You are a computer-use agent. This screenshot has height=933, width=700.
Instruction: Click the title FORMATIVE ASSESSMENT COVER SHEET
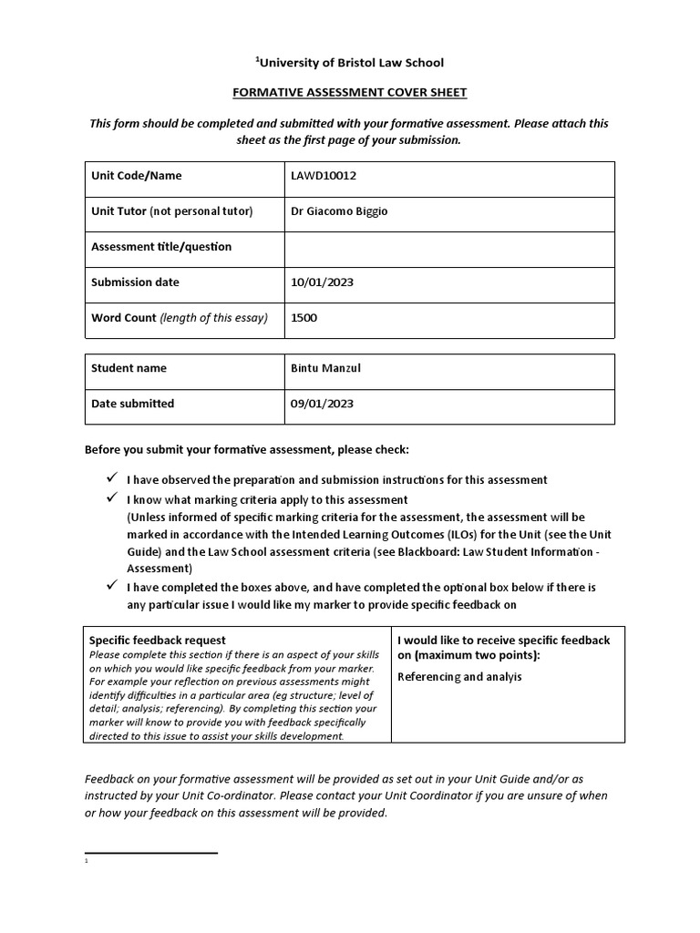pyautogui.click(x=350, y=92)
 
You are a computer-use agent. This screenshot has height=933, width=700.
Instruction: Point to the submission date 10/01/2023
pyautogui.click(x=322, y=282)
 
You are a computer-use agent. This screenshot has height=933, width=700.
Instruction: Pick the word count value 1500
pyautogui.click(x=304, y=318)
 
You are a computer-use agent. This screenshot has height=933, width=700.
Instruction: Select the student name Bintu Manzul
pyautogui.click(x=324, y=369)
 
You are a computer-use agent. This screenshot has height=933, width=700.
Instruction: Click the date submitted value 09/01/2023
pyautogui.click(x=322, y=404)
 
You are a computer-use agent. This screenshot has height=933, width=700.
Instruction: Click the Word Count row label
pyautogui.click(x=180, y=318)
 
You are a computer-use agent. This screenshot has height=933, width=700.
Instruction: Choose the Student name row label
pyautogui.click(x=129, y=369)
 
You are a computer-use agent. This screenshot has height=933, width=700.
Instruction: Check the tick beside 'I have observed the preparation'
pyautogui.click(x=112, y=478)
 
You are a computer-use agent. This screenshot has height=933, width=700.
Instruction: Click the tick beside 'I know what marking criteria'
pyautogui.click(x=112, y=499)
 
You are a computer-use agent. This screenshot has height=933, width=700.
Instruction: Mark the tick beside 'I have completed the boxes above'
pyautogui.click(x=112, y=586)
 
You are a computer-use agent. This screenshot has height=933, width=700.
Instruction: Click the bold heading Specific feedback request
pyautogui.click(x=158, y=641)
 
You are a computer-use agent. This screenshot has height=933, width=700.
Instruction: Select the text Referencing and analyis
pyautogui.click(x=459, y=678)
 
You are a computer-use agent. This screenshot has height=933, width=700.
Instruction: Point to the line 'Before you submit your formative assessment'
pyautogui.click(x=247, y=450)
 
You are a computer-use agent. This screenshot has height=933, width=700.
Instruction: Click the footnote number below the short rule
pyautogui.click(x=86, y=861)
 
